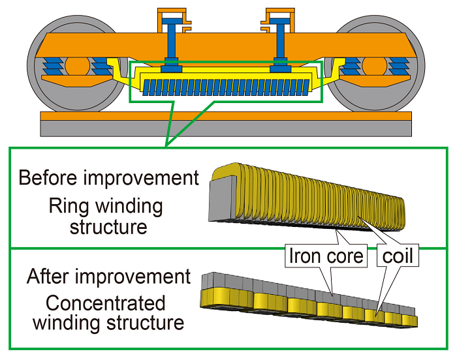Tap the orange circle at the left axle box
click(x=76, y=67)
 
